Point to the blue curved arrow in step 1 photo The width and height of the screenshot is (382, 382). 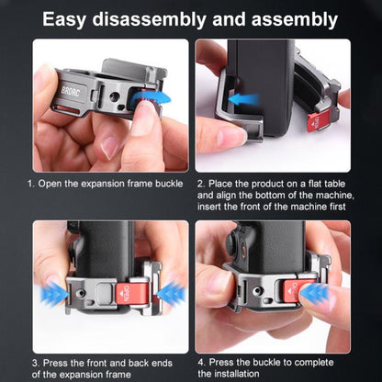(x=150, y=98)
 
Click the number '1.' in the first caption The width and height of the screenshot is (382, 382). (x=30, y=184)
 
